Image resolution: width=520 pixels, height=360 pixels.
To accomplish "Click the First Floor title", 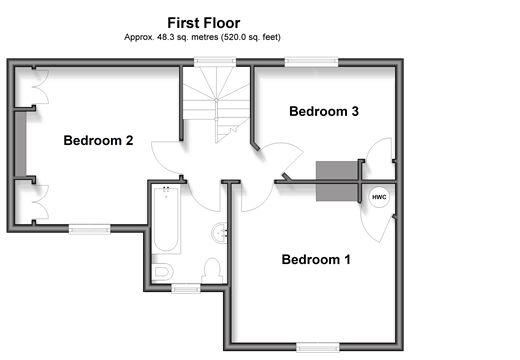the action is (204, 23).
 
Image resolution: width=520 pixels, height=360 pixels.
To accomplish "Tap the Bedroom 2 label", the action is (98, 140).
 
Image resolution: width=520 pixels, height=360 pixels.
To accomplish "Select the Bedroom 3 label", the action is (324, 111).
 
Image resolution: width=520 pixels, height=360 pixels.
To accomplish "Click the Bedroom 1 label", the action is (316, 259).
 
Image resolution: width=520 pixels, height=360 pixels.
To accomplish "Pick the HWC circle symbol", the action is (379, 197).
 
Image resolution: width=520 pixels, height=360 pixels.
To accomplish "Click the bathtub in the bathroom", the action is (166, 219).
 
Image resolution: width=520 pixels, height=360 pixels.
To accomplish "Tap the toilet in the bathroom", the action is (212, 271).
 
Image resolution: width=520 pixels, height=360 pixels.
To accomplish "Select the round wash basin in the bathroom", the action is (220, 232).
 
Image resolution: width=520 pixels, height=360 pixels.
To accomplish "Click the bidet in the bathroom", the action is (163, 272).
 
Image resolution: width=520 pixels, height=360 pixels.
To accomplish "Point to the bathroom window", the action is (186, 288).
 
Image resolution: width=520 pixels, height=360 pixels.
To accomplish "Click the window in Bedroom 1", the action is (318, 347).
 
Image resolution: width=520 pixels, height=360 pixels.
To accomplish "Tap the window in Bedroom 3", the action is (311, 62).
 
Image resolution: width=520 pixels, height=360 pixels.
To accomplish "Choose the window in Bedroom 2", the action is (90, 229).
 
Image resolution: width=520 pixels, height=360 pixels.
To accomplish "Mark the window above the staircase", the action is (215, 62).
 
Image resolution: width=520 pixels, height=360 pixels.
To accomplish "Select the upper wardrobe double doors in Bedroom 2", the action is (41, 87).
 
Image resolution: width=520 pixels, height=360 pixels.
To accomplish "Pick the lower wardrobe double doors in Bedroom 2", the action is (41, 202).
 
